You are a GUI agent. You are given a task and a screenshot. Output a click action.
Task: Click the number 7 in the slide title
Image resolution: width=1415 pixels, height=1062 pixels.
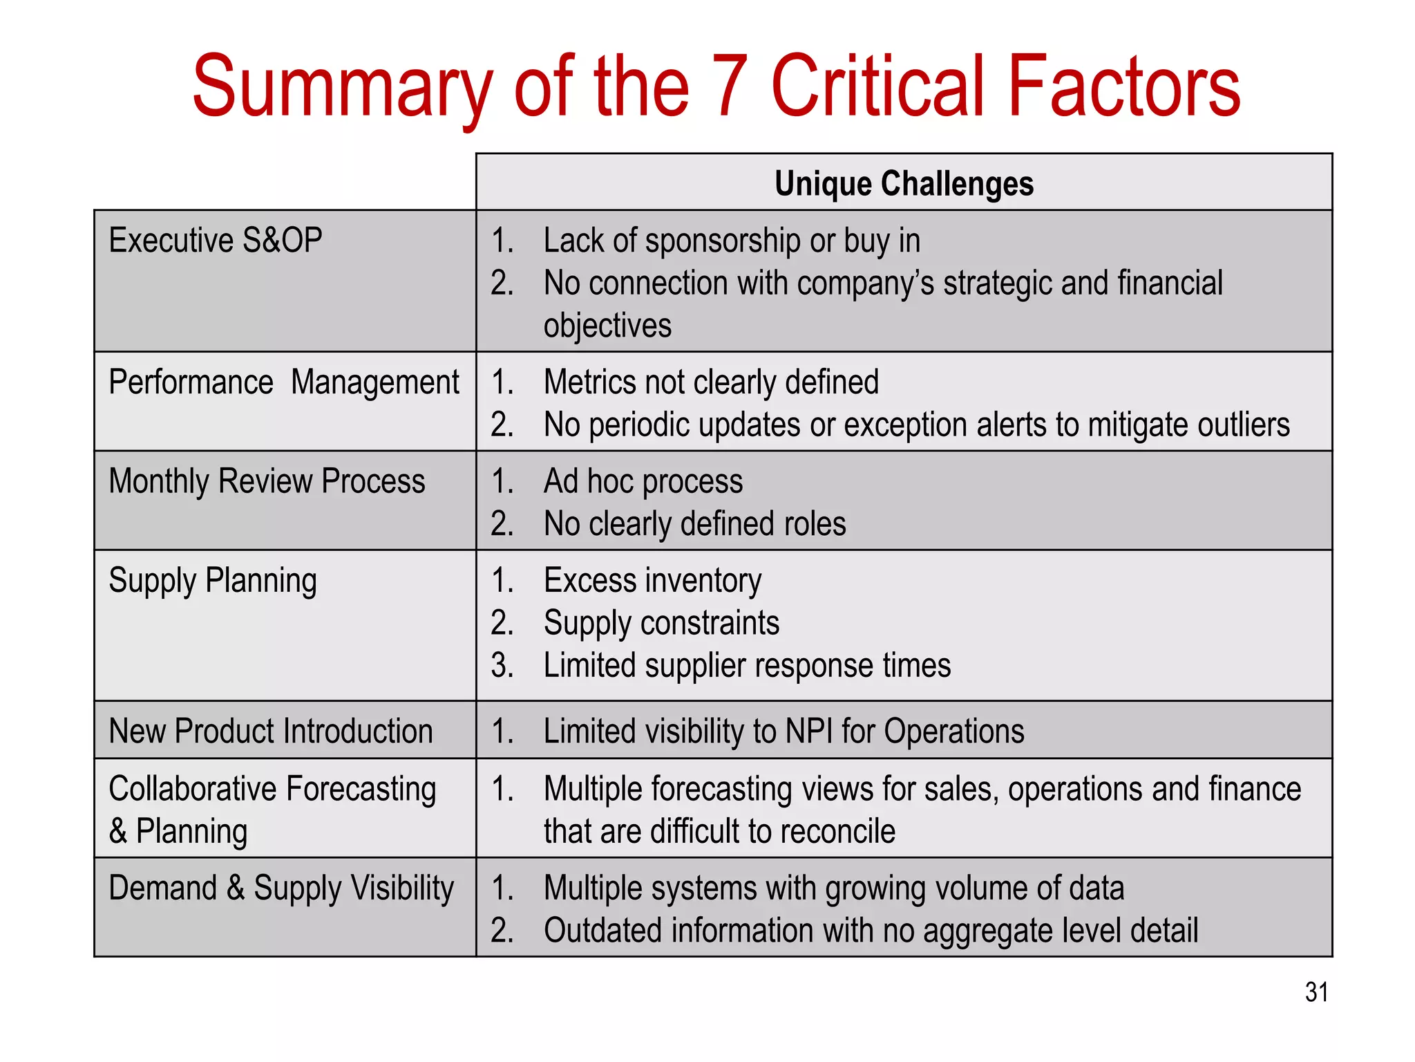tap(730, 88)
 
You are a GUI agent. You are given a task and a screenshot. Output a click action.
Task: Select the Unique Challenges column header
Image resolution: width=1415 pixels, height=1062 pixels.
tap(904, 184)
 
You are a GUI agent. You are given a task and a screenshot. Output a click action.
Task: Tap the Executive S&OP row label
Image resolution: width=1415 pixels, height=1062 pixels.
tap(216, 241)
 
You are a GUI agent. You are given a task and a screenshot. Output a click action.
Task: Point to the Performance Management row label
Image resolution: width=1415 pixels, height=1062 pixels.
tap(284, 382)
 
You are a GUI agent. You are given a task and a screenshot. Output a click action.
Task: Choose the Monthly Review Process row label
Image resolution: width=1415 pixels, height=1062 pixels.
tap(267, 481)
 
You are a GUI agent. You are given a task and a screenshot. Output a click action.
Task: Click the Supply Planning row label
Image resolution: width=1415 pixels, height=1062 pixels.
tap(213, 581)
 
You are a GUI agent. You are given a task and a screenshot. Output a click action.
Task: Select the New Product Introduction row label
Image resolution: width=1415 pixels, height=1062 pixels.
tap(271, 731)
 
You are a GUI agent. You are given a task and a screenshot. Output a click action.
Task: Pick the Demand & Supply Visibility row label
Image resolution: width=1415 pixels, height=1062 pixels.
tap(281, 888)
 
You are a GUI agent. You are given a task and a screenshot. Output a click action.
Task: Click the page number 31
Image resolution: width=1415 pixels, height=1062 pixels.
tap(1316, 992)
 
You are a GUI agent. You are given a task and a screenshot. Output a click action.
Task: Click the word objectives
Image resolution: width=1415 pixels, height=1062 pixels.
tap(607, 326)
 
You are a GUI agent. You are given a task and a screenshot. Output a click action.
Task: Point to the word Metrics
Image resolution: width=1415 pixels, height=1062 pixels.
tap(592, 382)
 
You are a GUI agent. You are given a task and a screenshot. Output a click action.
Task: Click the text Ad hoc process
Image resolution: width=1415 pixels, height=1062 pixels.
tap(643, 481)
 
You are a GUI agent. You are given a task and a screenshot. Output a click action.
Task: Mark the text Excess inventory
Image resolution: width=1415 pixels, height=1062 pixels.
tap(652, 581)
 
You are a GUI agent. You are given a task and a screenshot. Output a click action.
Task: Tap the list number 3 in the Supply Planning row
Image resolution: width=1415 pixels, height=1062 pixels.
tap(502, 666)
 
